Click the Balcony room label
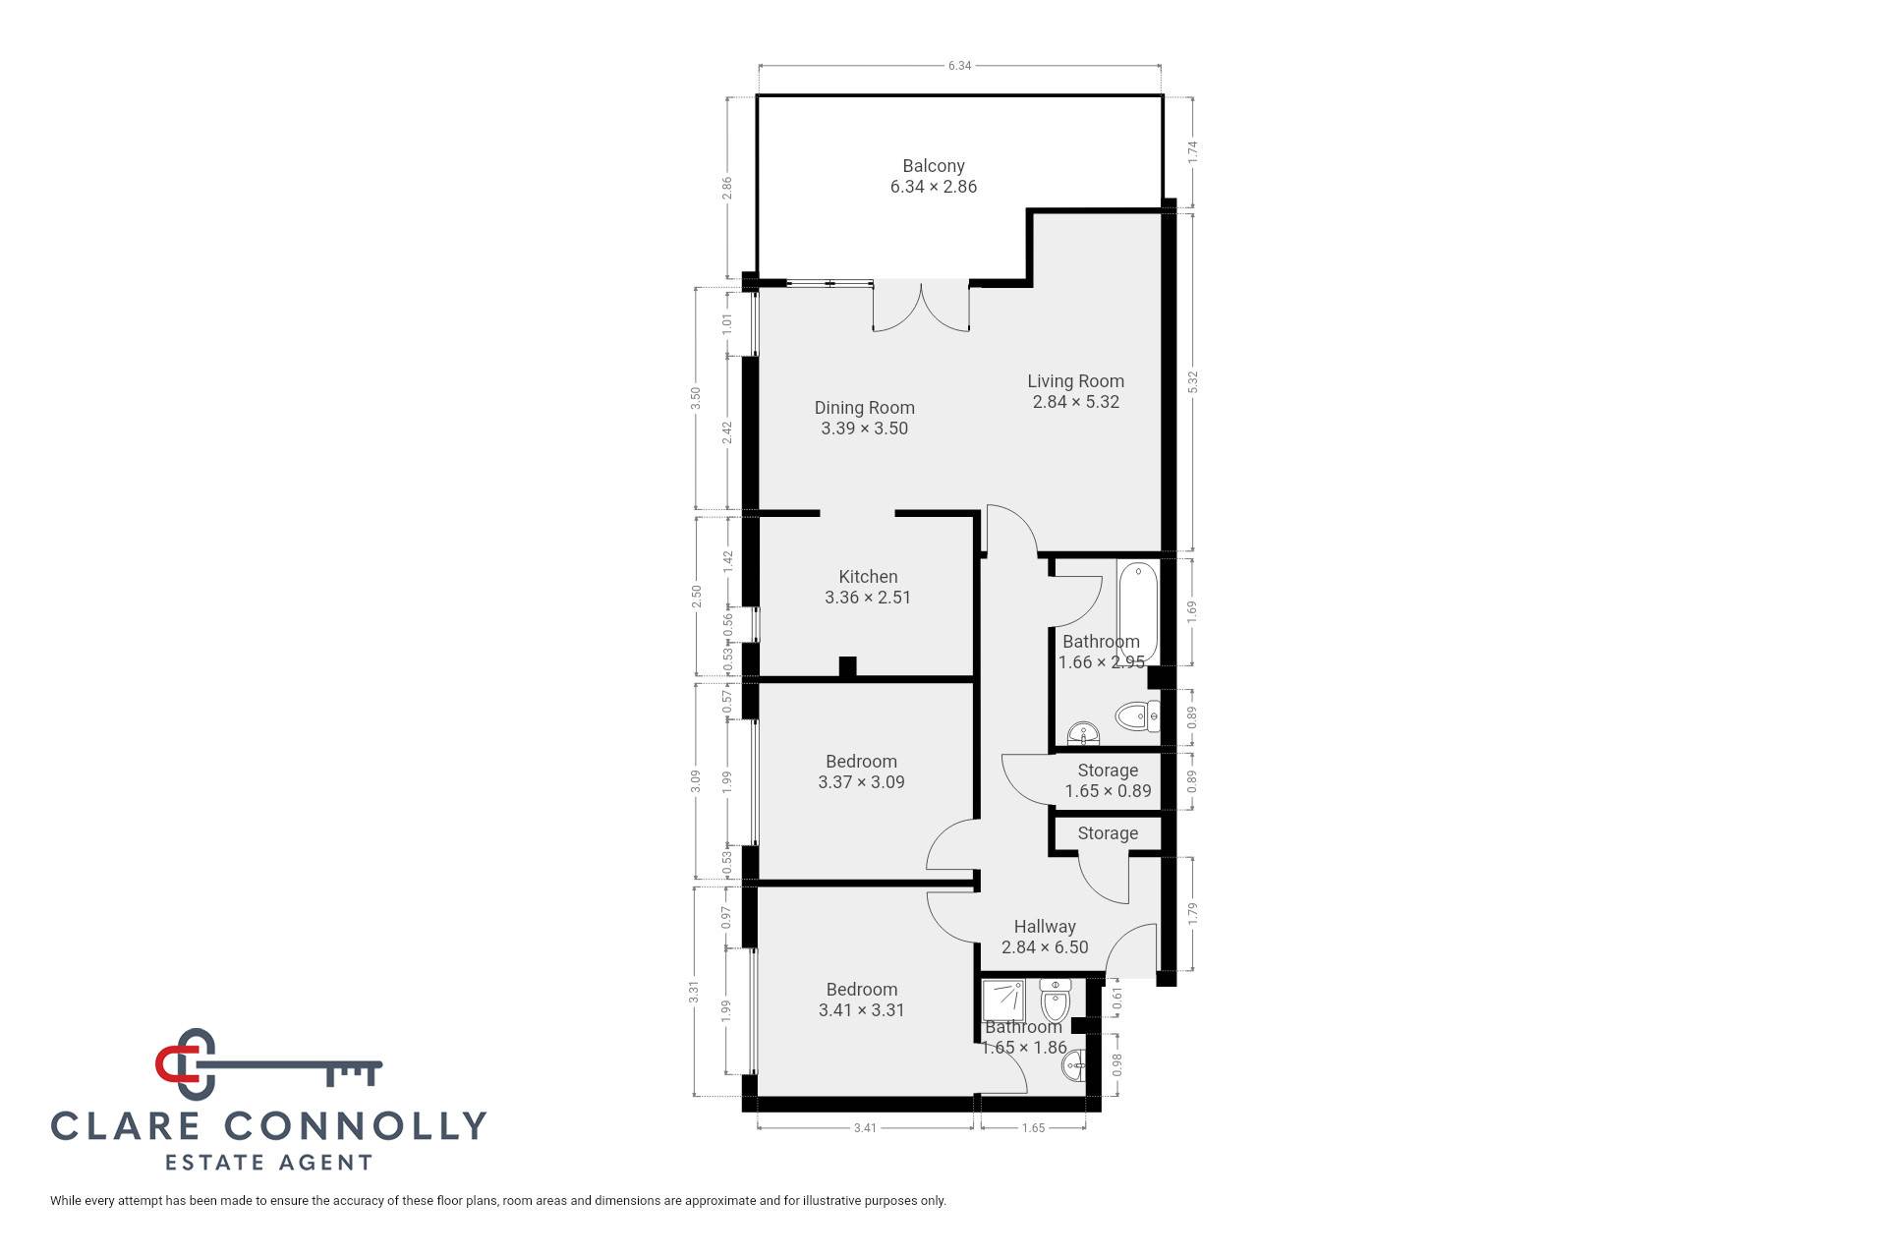934,166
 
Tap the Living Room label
1075,381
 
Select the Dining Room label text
865,408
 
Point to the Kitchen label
868,577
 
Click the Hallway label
1045,927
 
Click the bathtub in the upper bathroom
1138,612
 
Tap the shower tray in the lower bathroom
1003,1000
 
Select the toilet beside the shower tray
1056,1000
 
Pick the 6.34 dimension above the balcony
959,66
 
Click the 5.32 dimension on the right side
1193,382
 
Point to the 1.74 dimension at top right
1193,152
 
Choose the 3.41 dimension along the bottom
865,1128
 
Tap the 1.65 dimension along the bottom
1034,1128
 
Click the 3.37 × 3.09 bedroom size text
861,782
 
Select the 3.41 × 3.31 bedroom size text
861,1010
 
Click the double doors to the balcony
921,307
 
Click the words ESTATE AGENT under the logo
268,1163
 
